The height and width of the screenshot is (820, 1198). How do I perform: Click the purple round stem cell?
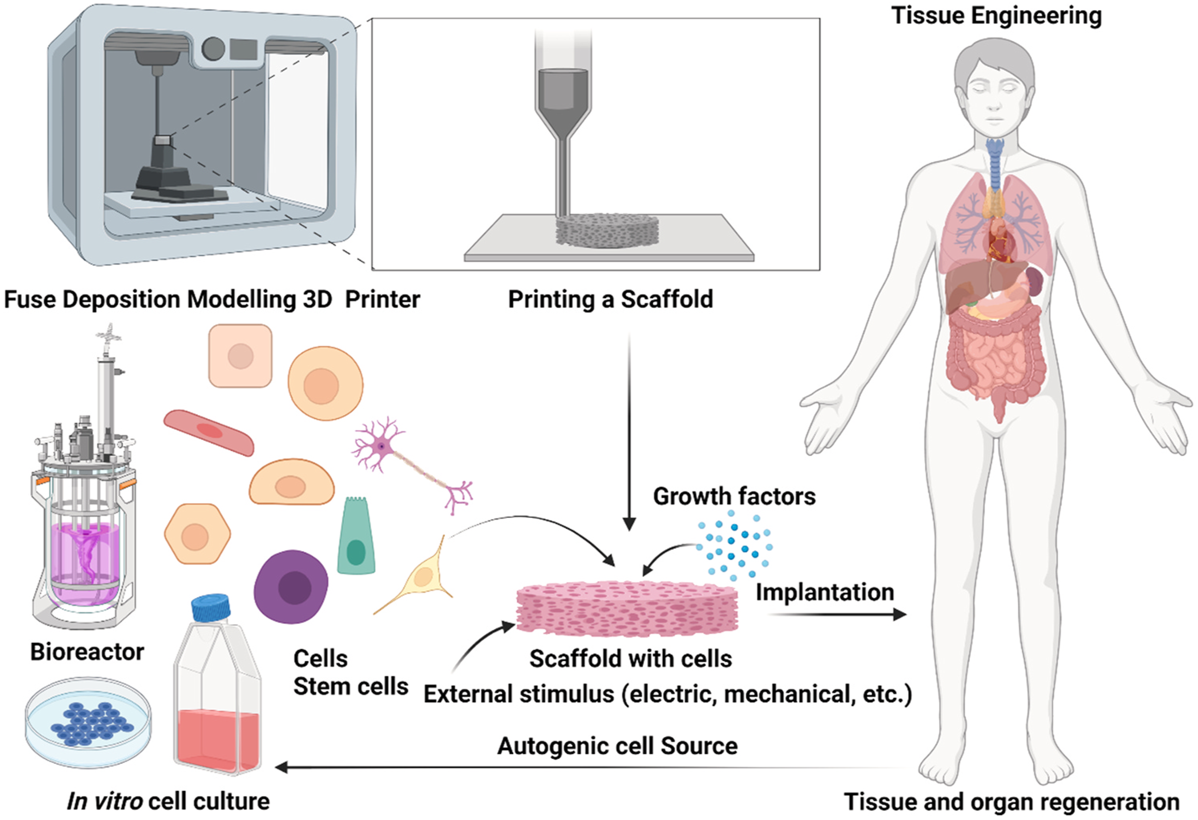pos(291,587)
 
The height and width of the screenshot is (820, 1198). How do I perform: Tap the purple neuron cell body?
pos(381,446)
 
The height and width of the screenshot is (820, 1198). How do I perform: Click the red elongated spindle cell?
pos(209,433)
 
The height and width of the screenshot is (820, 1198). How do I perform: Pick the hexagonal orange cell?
pos(197,534)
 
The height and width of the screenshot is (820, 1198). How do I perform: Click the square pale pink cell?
pos(240,356)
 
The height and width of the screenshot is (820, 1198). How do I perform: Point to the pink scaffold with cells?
pos(627,609)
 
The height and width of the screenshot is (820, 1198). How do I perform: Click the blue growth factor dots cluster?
pos(735,543)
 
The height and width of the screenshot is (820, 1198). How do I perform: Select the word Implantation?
pos(825,592)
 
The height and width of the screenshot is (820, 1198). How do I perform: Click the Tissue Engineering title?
pos(996,16)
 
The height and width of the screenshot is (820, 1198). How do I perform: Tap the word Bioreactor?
pos(87,652)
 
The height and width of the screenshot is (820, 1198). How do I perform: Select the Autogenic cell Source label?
pos(617,746)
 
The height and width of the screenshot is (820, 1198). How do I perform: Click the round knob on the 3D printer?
pos(213,49)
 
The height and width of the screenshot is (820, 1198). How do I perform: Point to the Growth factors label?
pos(735,496)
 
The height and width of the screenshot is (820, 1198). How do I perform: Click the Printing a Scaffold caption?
pos(611,299)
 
